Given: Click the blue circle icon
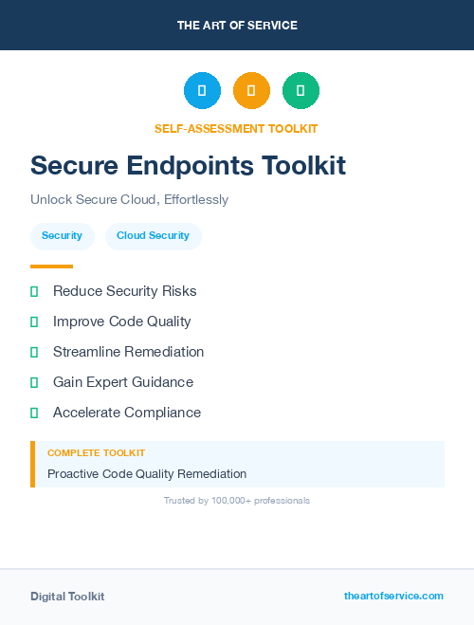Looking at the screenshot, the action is point(202,90).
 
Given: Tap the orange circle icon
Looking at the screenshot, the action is point(251,90).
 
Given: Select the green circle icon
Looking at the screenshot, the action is point(301,90).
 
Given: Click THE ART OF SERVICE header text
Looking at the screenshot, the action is point(237,26).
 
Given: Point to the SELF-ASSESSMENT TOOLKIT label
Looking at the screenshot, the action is point(236,128).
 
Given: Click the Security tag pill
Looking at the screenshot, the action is point(62,235).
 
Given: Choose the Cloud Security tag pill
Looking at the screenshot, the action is point(153,235).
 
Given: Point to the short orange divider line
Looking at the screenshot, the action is point(51,267).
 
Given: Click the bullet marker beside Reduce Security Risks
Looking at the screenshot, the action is point(34,291).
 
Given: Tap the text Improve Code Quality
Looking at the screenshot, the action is point(122,322).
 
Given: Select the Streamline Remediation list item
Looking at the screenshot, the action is point(128,352).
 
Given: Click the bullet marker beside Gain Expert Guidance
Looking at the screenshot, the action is point(34,382).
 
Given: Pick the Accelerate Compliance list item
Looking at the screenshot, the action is point(127,413).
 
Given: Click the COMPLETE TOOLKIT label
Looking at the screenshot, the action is point(96,453).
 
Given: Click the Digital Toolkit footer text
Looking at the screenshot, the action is point(67,597).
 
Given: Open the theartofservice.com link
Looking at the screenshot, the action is point(393,596).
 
